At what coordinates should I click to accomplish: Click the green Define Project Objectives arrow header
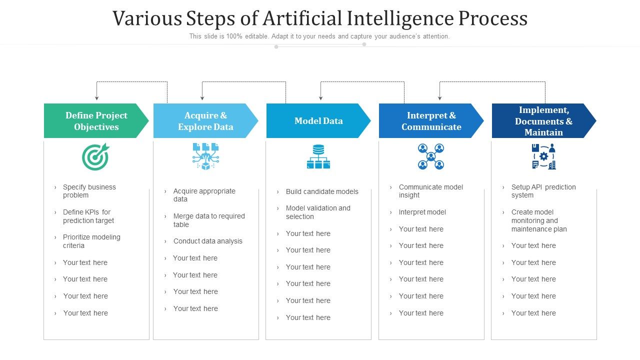[96, 121]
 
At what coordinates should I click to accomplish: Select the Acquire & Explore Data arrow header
[205, 121]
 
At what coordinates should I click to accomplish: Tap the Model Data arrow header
[318, 121]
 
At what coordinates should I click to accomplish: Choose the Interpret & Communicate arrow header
[431, 121]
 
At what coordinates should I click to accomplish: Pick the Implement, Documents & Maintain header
[543, 121]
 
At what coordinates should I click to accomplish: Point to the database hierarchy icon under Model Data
[318, 156]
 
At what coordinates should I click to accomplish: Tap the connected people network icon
[431, 156]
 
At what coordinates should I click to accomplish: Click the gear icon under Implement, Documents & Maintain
[543, 156]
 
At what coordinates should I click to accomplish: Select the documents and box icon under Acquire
[205, 156]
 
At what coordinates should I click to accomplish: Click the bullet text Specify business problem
[89, 191]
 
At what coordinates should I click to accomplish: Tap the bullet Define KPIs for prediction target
[88, 216]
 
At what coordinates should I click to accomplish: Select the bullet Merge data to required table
[208, 220]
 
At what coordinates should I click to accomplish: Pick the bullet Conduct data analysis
[207, 241]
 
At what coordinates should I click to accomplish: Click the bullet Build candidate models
[321, 191]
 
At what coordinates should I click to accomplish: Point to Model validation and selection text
[317, 212]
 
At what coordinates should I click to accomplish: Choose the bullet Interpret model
[422, 212]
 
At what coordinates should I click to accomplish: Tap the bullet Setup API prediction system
[543, 191]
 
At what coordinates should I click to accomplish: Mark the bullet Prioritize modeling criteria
[91, 241]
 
